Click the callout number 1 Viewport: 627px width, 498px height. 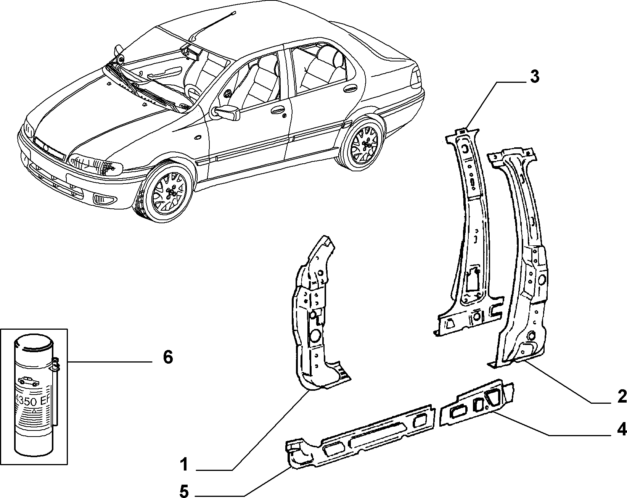184,464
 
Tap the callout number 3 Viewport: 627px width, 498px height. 534,77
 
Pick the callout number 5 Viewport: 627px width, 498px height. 184,490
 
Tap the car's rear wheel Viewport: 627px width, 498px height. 363,145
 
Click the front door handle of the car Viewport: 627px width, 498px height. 277,110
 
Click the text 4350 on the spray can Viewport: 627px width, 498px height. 25,401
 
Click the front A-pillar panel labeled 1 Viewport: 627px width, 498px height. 318,315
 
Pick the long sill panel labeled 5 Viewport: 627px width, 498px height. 360,437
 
